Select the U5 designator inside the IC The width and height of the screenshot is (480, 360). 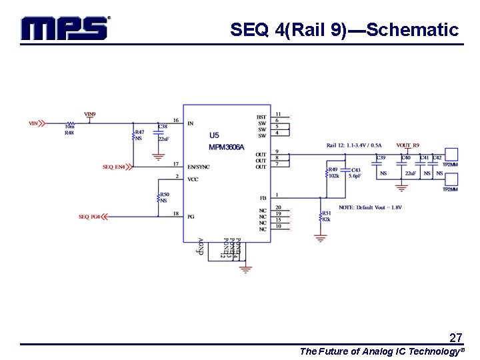[x=214, y=135]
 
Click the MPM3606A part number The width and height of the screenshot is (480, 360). [x=227, y=147]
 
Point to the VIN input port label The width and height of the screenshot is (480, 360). [x=33, y=123]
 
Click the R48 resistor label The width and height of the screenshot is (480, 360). [x=69, y=133]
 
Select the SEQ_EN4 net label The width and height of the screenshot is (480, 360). [x=114, y=167]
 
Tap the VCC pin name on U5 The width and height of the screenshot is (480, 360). [x=193, y=179]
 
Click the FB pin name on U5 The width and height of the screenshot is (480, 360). [x=263, y=198]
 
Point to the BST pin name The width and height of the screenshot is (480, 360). [x=261, y=117]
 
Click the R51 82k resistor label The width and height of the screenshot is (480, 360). [x=327, y=216]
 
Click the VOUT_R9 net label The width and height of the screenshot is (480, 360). [x=407, y=145]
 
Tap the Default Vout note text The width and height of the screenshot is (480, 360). [x=370, y=207]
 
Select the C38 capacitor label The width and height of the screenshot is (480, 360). [x=163, y=127]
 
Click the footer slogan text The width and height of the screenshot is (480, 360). [x=381, y=351]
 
